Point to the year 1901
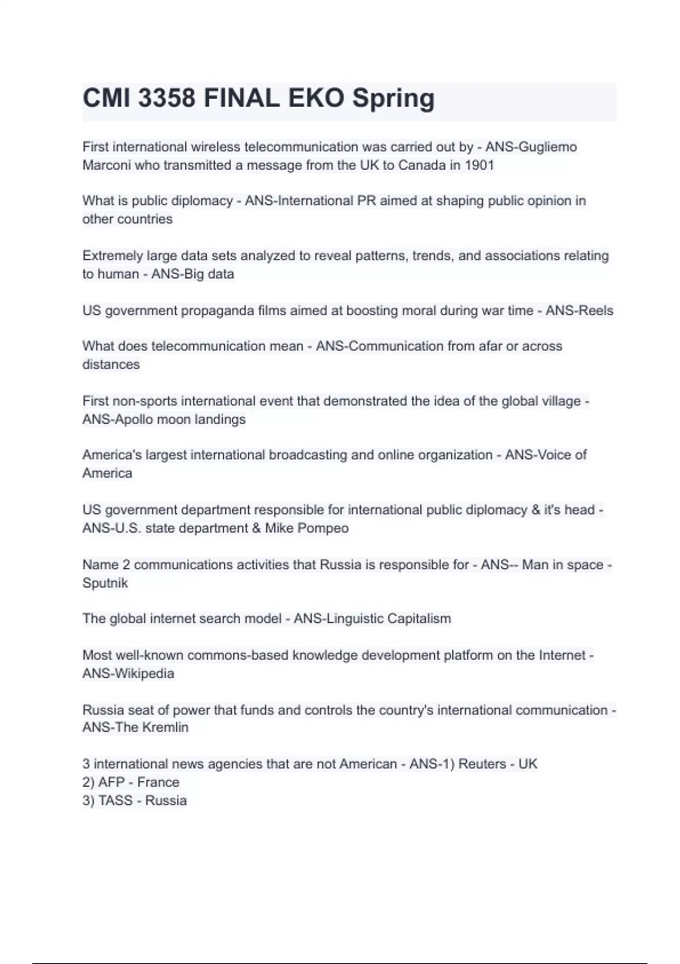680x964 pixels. click(x=479, y=166)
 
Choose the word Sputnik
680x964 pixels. click(x=105, y=584)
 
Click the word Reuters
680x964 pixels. click(x=482, y=764)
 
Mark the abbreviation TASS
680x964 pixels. click(x=115, y=801)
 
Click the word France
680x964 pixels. click(x=158, y=783)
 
